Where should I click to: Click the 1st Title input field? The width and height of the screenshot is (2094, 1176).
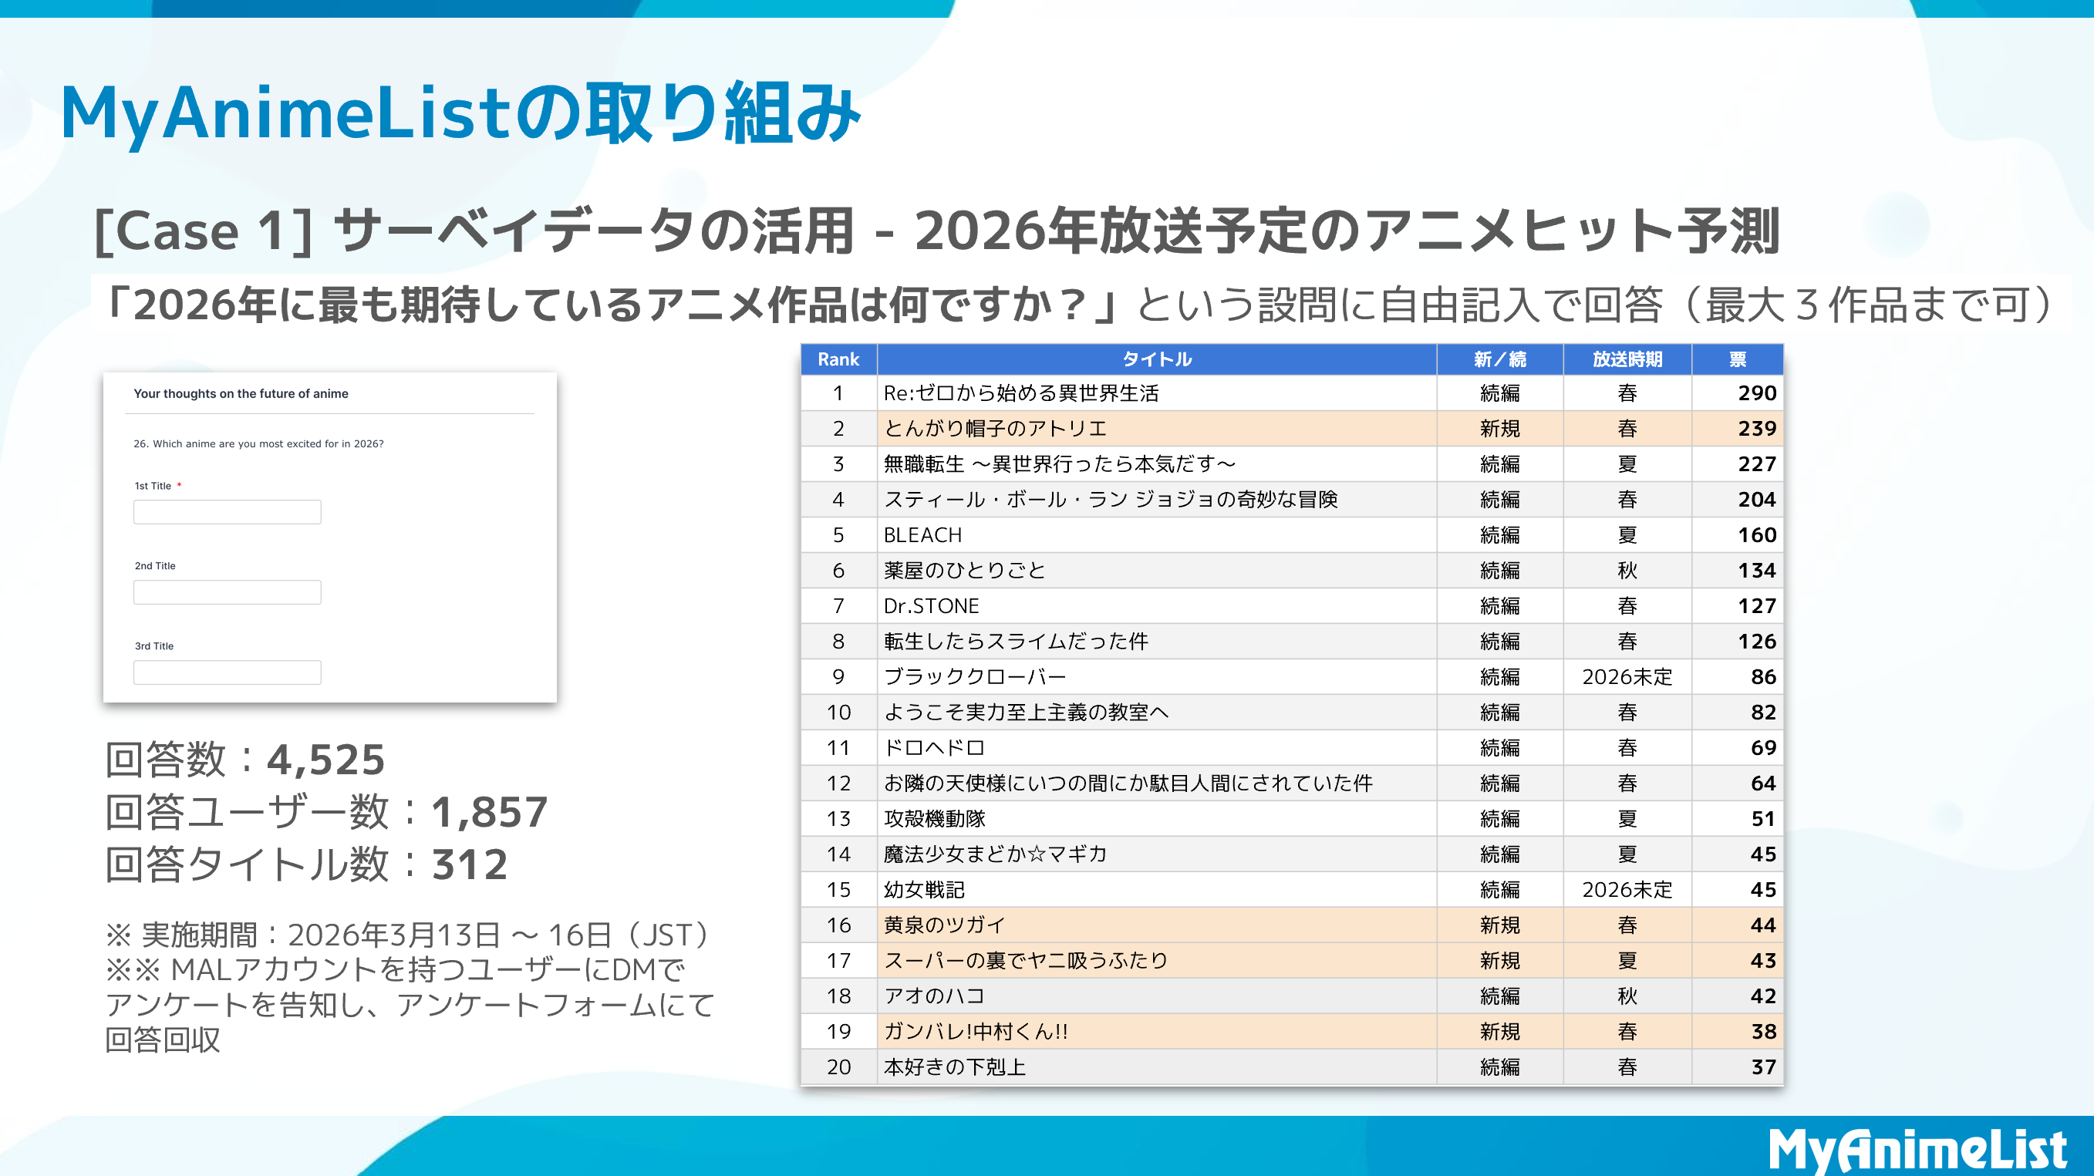(227, 512)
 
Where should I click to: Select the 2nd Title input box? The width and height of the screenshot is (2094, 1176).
(227, 592)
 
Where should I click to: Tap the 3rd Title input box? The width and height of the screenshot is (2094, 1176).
(227, 673)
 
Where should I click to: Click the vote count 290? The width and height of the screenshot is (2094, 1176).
(1756, 393)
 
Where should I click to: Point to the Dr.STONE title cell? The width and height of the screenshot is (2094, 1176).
(932, 606)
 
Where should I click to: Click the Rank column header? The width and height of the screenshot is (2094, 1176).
(838, 359)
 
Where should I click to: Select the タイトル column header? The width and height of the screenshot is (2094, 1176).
(1156, 359)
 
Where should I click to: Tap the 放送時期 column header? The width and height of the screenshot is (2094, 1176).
(1627, 359)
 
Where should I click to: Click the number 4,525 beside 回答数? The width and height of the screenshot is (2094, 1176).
(326, 760)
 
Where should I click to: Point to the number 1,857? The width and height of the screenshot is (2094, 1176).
(489, 812)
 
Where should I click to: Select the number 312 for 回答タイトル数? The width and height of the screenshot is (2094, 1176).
(470, 864)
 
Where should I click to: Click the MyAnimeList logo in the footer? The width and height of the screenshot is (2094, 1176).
(1917, 1151)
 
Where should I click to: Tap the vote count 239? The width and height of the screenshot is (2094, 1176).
(1756, 429)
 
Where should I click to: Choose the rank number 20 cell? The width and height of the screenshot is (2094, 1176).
(838, 1067)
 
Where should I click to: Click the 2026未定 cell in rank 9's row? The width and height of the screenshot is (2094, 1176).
(1627, 677)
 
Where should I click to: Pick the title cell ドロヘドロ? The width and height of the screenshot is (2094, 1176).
(934, 748)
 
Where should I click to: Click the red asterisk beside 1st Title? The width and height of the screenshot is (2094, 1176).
(179, 485)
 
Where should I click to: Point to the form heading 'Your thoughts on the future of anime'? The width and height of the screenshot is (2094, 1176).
(241, 393)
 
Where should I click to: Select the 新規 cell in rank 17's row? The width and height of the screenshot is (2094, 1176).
(1499, 961)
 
